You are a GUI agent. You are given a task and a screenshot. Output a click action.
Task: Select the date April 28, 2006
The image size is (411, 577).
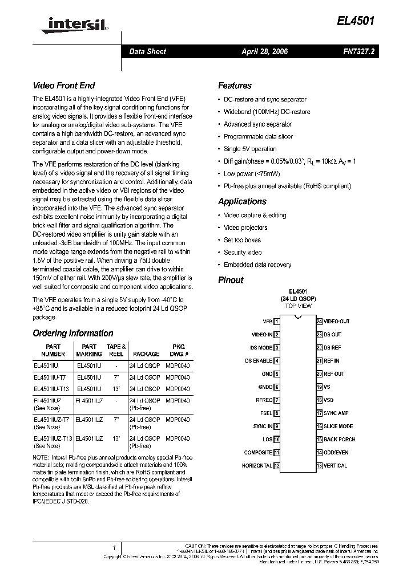(264, 51)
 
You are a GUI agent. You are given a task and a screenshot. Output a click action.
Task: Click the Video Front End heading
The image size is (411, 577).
(63, 86)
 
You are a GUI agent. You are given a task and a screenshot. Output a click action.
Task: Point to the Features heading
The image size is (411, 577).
(235, 86)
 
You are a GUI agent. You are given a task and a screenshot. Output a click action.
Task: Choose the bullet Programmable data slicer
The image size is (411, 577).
(258, 136)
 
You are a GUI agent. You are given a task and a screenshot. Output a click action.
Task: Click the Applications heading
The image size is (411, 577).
(242, 201)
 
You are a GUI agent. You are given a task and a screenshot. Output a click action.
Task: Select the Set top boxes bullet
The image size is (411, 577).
(242, 240)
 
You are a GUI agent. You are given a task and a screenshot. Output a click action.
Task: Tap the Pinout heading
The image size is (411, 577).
(231, 280)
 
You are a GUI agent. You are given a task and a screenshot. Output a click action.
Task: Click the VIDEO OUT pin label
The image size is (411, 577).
(337, 322)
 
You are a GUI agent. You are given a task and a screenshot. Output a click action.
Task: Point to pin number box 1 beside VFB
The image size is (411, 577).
(277, 322)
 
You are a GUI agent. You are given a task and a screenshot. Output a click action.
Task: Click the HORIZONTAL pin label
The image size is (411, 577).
(257, 466)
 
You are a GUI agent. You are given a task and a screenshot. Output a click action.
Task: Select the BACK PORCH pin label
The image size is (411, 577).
(339, 440)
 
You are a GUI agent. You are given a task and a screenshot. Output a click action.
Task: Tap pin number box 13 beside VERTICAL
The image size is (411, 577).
(319, 466)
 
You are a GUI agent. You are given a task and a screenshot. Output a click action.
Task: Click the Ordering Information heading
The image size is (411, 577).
(73, 333)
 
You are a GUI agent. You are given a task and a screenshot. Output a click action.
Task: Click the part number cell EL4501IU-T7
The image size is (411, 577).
(50, 377)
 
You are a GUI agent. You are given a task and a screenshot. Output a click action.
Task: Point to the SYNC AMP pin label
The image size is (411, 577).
(336, 413)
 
